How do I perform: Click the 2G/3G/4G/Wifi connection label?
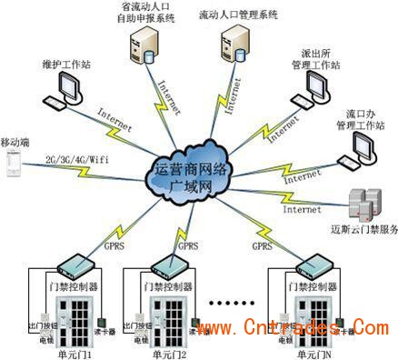pyautogui.click(x=72, y=159)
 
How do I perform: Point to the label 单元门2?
pyautogui.click(x=169, y=354)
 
